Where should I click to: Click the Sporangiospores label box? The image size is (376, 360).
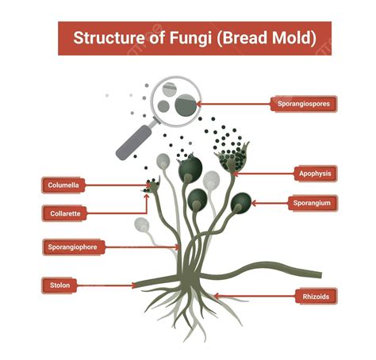[x=304, y=103]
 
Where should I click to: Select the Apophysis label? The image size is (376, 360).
[x=315, y=173]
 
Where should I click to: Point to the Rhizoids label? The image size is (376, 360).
[x=315, y=297]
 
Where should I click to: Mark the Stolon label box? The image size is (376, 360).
[x=60, y=285]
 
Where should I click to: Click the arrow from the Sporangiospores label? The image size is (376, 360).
[x=235, y=103]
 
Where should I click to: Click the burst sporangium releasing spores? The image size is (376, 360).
[x=232, y=159]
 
